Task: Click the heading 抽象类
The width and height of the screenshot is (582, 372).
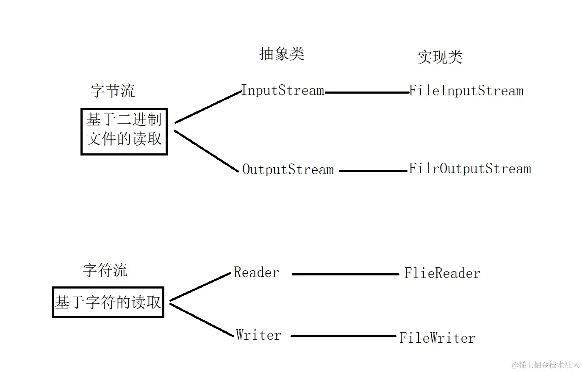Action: pos(282,54)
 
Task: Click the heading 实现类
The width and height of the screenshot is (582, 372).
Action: pos(440,57)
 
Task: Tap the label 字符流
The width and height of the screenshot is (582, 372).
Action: pos(105,270)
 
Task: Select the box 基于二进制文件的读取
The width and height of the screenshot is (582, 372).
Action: pos(124,131)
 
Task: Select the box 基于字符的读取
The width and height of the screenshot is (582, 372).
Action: pos(108,302)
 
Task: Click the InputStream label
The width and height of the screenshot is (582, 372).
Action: pos(283,91)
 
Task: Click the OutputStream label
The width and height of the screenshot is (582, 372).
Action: pos(288,170)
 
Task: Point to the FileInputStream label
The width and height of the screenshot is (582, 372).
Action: pos(466,91)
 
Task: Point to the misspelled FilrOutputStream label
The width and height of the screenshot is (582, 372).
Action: pos(470,169)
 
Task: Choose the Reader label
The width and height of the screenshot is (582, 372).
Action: pos(256,272)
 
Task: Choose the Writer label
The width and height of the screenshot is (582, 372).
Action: pos(258,335)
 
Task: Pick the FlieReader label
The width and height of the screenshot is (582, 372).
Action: pos(442,273)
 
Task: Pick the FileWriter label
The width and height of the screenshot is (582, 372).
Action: pos(437,338)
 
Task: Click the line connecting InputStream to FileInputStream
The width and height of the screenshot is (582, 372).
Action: pos(366,92)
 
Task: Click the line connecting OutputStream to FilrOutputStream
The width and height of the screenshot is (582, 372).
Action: pos(373,171)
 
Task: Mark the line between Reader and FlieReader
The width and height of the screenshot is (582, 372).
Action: pos(345,274)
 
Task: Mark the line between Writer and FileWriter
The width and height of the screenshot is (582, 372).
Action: pos(343,336)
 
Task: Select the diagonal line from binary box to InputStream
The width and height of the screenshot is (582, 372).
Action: pos(208,107)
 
